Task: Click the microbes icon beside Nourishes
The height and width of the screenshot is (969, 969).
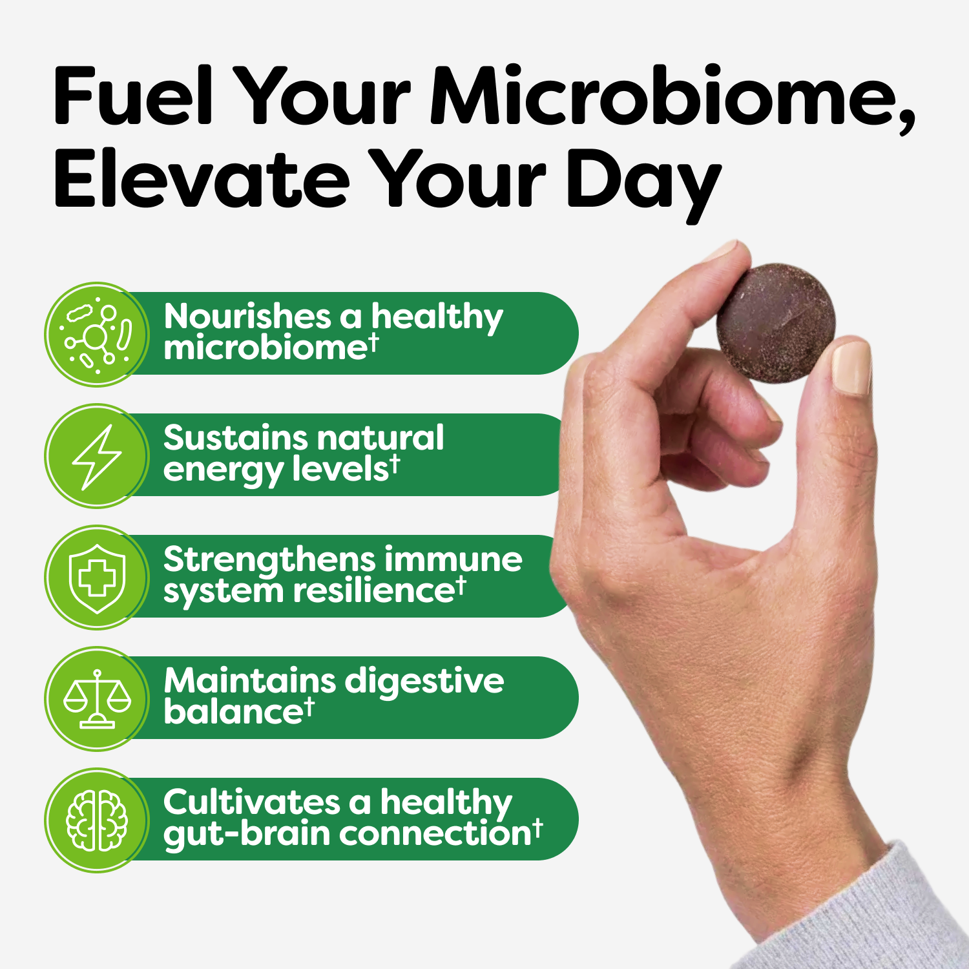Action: (97, 335)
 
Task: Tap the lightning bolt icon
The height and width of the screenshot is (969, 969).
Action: (97, 456)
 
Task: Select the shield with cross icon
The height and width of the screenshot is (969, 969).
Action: (97, 578)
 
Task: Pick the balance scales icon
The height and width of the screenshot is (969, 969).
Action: (97, 699)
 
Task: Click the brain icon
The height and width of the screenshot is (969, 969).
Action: (97, 820)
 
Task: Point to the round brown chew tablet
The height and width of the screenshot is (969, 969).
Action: (776, 323)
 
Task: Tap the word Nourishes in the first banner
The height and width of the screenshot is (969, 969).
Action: (247, 317)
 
